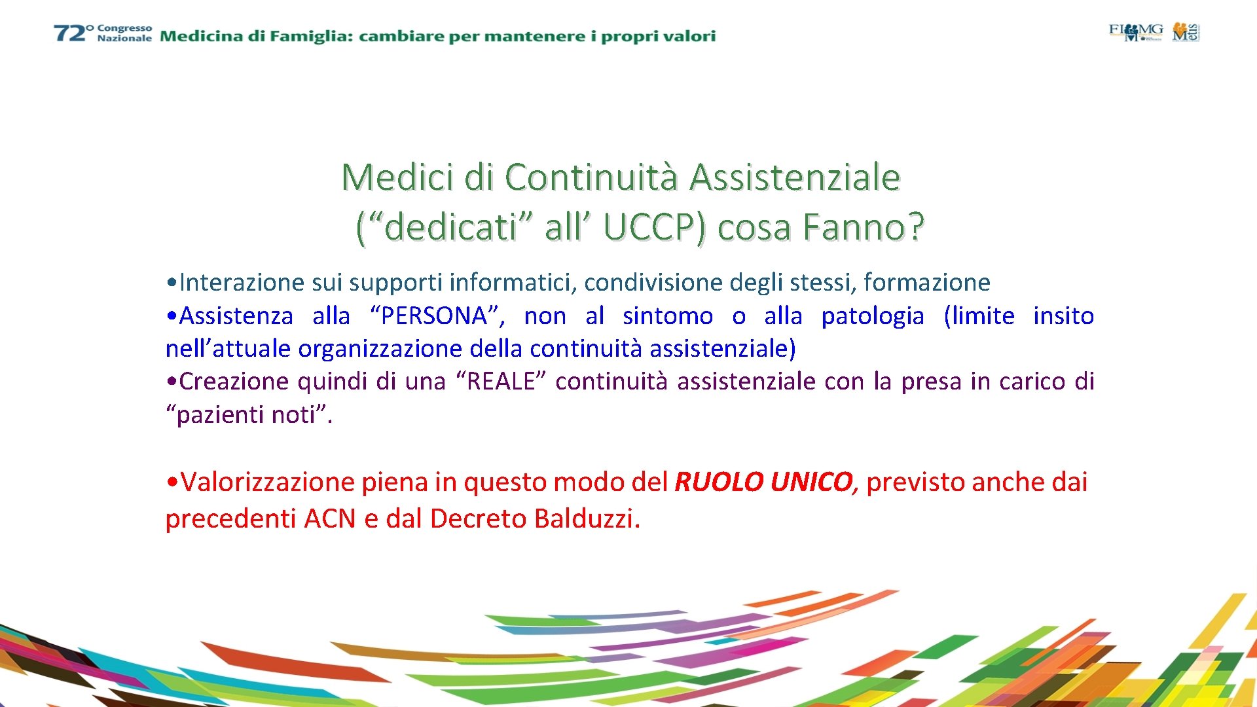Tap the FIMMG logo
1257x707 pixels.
[1135, 31]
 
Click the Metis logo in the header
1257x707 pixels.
[1186, 31]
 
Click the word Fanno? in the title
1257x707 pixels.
[863, 227]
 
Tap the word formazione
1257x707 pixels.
[926, 283]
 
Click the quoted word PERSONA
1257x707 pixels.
[434, 316]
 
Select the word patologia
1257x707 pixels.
[873, 316]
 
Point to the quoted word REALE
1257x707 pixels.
[501, 382]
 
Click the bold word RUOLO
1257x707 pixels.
[719, 482]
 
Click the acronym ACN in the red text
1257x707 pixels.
[330, 519]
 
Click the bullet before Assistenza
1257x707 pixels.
[172, 317]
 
